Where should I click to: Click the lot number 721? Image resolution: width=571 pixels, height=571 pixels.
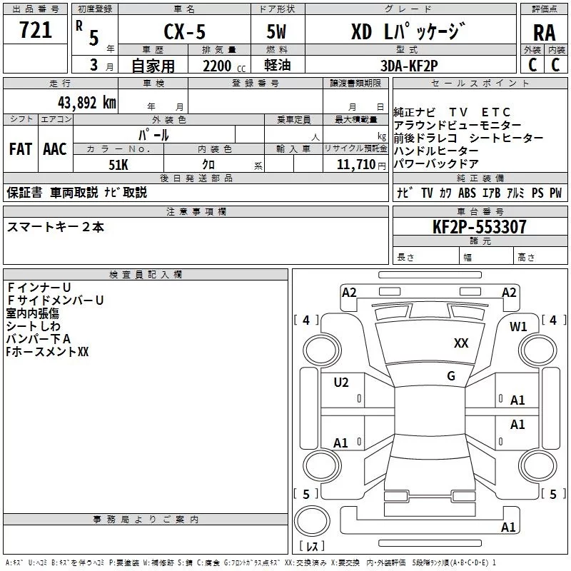35,30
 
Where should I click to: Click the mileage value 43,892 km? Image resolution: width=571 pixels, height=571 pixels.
86,102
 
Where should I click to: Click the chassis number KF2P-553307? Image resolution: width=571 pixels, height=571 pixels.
479,228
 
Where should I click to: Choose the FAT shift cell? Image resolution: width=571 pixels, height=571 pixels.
20,149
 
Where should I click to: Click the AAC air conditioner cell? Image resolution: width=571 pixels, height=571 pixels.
54,149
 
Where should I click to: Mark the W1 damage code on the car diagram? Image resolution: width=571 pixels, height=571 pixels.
518,327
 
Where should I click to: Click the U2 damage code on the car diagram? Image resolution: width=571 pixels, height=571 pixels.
341,383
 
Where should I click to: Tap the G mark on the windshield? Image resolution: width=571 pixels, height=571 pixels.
451,375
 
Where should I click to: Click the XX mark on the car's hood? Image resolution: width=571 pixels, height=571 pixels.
461,343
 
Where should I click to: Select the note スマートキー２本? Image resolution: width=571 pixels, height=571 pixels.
56,227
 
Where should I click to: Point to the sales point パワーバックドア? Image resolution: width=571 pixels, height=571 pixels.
435,163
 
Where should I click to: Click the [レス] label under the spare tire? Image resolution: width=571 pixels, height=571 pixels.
311,547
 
